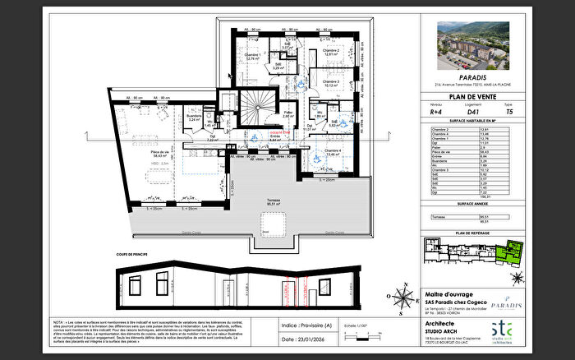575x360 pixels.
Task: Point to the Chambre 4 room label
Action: [332, 151]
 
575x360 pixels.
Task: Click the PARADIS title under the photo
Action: [469, 78]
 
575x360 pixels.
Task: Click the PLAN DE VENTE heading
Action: [469, 97]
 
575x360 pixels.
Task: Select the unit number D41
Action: [469, 113]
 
